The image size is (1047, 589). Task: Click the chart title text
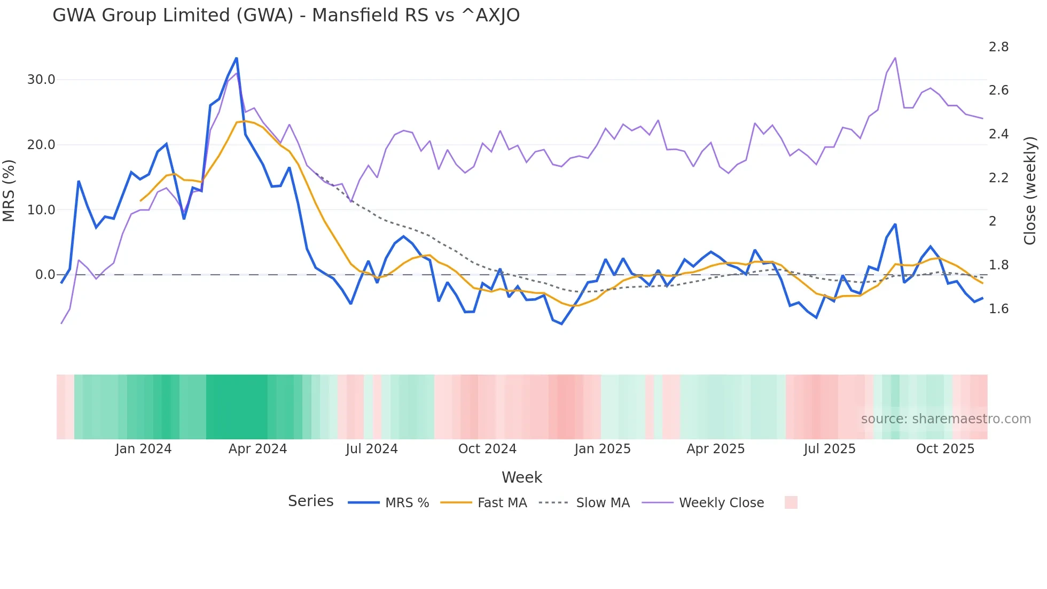[x=286, y=15]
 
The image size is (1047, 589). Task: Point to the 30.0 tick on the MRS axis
[x=41, y=80]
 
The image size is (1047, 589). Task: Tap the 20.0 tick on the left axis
[x=41, y=145]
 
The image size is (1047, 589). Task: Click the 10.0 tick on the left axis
[x=41, y=210]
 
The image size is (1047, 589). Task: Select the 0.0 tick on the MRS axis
[x=45, y=275]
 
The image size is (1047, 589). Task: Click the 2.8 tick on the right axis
[x=998, y=47]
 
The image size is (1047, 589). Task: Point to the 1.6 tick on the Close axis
[x=998, y=309]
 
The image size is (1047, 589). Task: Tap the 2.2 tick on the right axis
[x=998, y=178]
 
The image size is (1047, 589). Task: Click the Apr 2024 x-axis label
[x=257, y=449]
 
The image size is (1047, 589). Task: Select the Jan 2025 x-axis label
[x=603, y=449]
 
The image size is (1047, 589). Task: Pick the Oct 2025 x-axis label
[x=945, y=449]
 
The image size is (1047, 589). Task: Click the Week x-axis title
[x=522, y=477]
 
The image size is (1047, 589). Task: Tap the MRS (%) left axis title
[x=9, y=191]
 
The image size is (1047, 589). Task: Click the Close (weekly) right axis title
[x=1030, y=191]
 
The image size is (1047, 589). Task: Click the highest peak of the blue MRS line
[x=237, y=58]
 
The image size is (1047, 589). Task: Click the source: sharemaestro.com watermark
[x=946, y=419]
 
